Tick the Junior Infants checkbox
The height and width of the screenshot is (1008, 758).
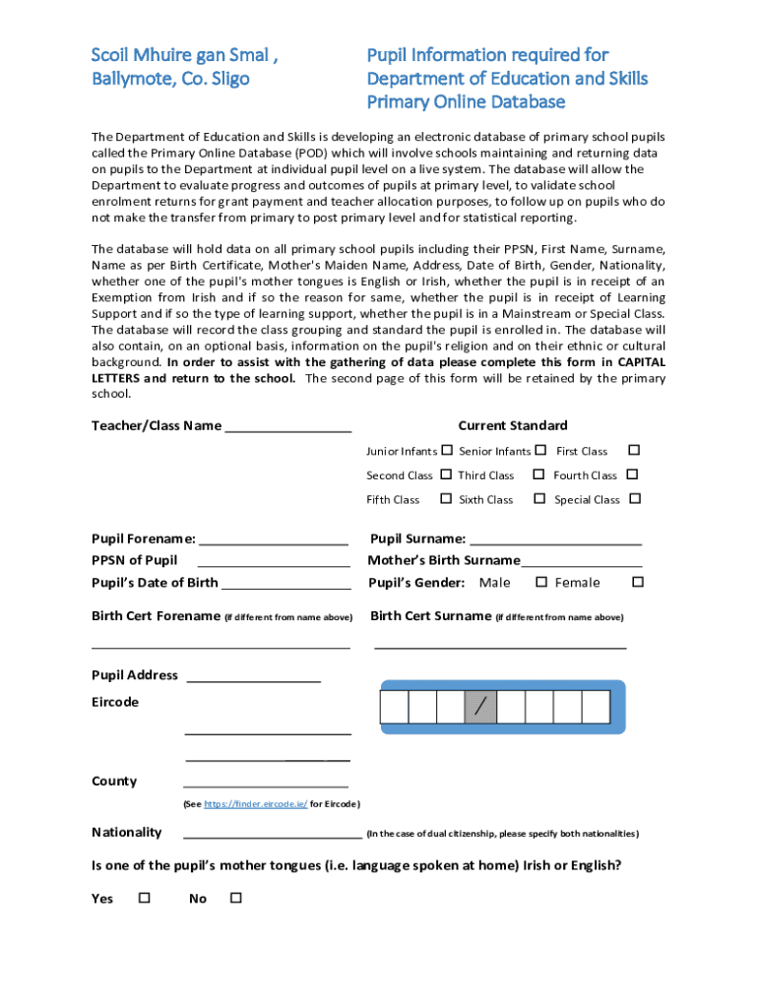[447, 450]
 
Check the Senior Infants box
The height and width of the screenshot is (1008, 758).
[540, 450]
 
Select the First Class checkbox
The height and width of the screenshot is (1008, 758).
[634, 450]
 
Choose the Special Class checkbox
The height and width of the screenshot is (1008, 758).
[635, 499]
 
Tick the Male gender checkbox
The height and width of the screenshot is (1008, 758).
[540, 582]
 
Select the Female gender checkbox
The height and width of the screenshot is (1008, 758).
[637, 582]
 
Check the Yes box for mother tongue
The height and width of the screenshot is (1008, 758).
[145, 898]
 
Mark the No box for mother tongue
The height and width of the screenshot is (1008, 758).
[235, 898]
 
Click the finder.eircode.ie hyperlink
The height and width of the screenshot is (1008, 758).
[255, 804]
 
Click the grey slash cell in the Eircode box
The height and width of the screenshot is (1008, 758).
[480, 707]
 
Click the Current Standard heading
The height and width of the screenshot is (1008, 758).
[512, 425]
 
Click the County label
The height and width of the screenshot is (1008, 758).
[114, 781]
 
